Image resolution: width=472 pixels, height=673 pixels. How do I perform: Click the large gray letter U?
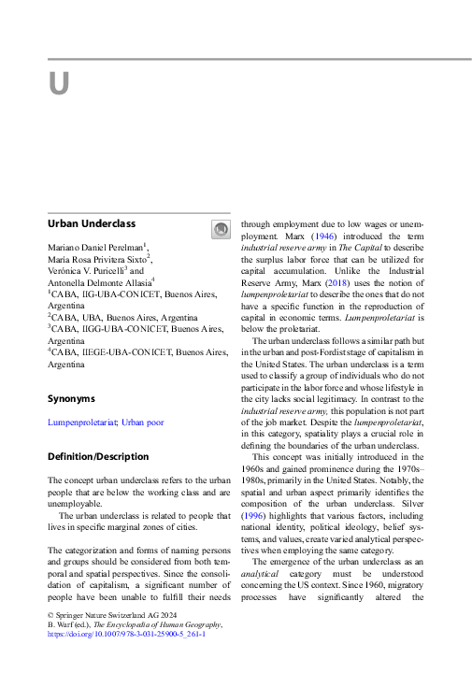[x=59, y=83]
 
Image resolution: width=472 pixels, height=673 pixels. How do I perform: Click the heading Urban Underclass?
[x=92, y=224]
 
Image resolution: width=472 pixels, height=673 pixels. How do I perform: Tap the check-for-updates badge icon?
[x=221, y=229]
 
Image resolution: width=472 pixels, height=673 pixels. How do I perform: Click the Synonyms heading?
[x=72, y=398]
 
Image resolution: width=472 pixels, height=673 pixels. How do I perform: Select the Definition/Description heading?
[x=98, y=457]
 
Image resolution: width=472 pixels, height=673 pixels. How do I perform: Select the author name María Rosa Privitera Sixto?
[x=97, y=258]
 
